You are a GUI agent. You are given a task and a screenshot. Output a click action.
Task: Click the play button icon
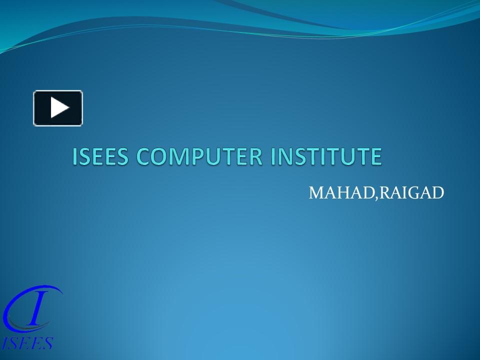58,108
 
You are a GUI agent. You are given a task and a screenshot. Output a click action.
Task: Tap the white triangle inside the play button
59,108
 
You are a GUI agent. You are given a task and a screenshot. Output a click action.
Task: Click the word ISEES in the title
101,156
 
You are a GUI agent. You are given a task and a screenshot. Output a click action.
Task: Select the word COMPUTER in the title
198,156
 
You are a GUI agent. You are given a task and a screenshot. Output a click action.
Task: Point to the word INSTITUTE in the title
326,156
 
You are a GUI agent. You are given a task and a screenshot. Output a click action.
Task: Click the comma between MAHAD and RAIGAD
374,196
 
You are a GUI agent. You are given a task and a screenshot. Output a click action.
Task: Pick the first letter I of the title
75,156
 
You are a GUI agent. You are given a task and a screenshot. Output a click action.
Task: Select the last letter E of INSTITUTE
376,156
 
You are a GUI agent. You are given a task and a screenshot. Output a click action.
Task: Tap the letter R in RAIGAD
382,192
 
